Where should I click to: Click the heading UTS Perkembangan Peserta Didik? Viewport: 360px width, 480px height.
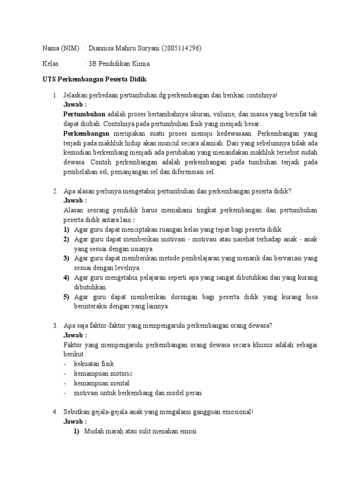click(x=92, y=79)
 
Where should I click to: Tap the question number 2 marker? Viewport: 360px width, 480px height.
click(x=55, y=191)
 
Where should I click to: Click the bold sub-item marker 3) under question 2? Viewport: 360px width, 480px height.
click(x=67, y=258)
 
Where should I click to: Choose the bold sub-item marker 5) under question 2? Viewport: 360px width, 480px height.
click(x=67, y=297)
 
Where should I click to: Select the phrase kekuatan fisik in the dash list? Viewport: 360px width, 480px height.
click(x=94, y=363)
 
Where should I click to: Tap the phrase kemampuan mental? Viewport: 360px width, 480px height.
click(x=101, y=383)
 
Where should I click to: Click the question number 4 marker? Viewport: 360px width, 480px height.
click(x=55, y=412)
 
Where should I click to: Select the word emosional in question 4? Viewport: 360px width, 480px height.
click(x=233, y=412)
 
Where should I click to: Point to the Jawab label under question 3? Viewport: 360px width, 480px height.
click(x=75, y=335)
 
